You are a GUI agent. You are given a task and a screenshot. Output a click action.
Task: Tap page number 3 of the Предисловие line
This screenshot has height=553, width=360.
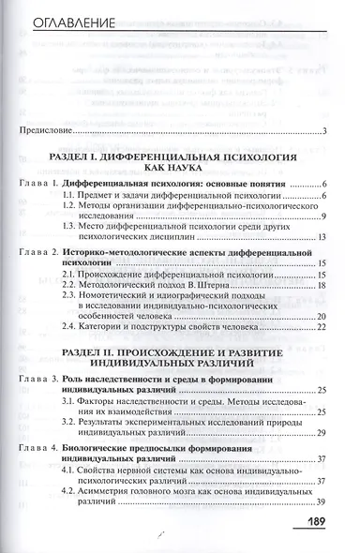[x=322, y=130]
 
